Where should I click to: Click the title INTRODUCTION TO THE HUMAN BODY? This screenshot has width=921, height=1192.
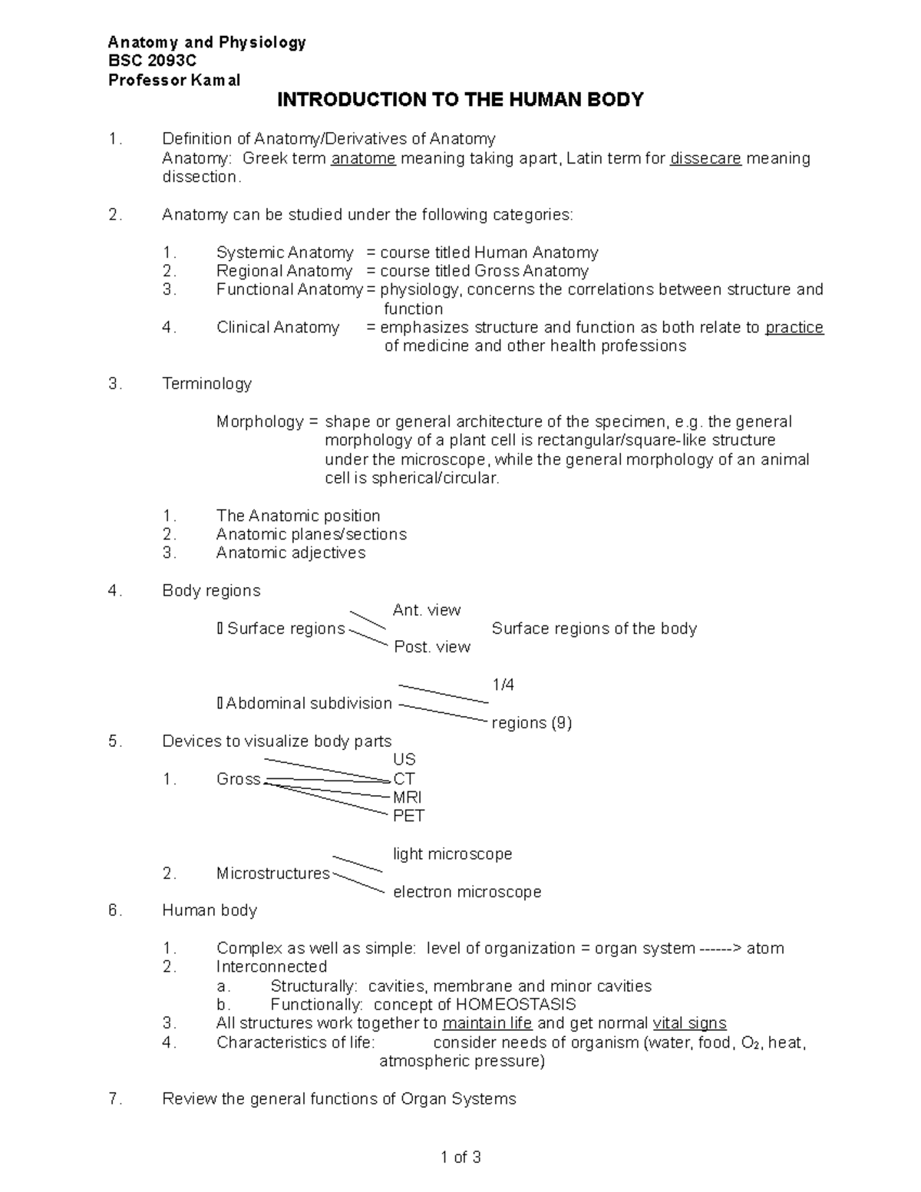(x=460, y=100)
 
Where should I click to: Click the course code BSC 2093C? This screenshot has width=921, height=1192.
(x=152, y=61)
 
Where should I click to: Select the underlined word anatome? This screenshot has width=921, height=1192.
(x=363, y=159)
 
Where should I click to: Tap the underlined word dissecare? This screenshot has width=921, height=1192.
(x=705, y=159)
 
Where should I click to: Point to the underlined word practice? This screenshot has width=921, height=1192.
(x=794, y=328)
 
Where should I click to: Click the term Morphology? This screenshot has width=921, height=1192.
(x=260, y=422)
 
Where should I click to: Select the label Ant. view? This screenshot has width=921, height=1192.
(x=426, y=610)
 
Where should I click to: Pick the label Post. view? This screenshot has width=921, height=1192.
(x=432, y=647)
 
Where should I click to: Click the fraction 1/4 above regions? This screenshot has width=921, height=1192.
(x=503, y=685)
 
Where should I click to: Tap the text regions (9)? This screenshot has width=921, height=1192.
(x=531, y=723)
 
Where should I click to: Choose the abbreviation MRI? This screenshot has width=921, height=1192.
(x=407, y=797)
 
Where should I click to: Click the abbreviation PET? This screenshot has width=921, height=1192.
(x=408, y=816)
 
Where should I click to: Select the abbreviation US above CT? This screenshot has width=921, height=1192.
(x=404, y=760)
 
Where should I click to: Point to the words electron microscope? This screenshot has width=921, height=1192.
(x=467, y=892)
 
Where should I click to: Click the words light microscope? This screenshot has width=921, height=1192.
(x=452, y=854)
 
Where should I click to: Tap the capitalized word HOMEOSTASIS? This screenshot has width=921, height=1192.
(x=516, y=1005)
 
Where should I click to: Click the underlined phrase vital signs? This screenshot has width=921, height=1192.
(x=689, y=1023)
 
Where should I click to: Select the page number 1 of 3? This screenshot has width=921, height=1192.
(x=460, y=1157)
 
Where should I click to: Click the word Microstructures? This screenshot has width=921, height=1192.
(x=273, y=873)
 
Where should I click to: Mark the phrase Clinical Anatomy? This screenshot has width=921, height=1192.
(x=277, y=328)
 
